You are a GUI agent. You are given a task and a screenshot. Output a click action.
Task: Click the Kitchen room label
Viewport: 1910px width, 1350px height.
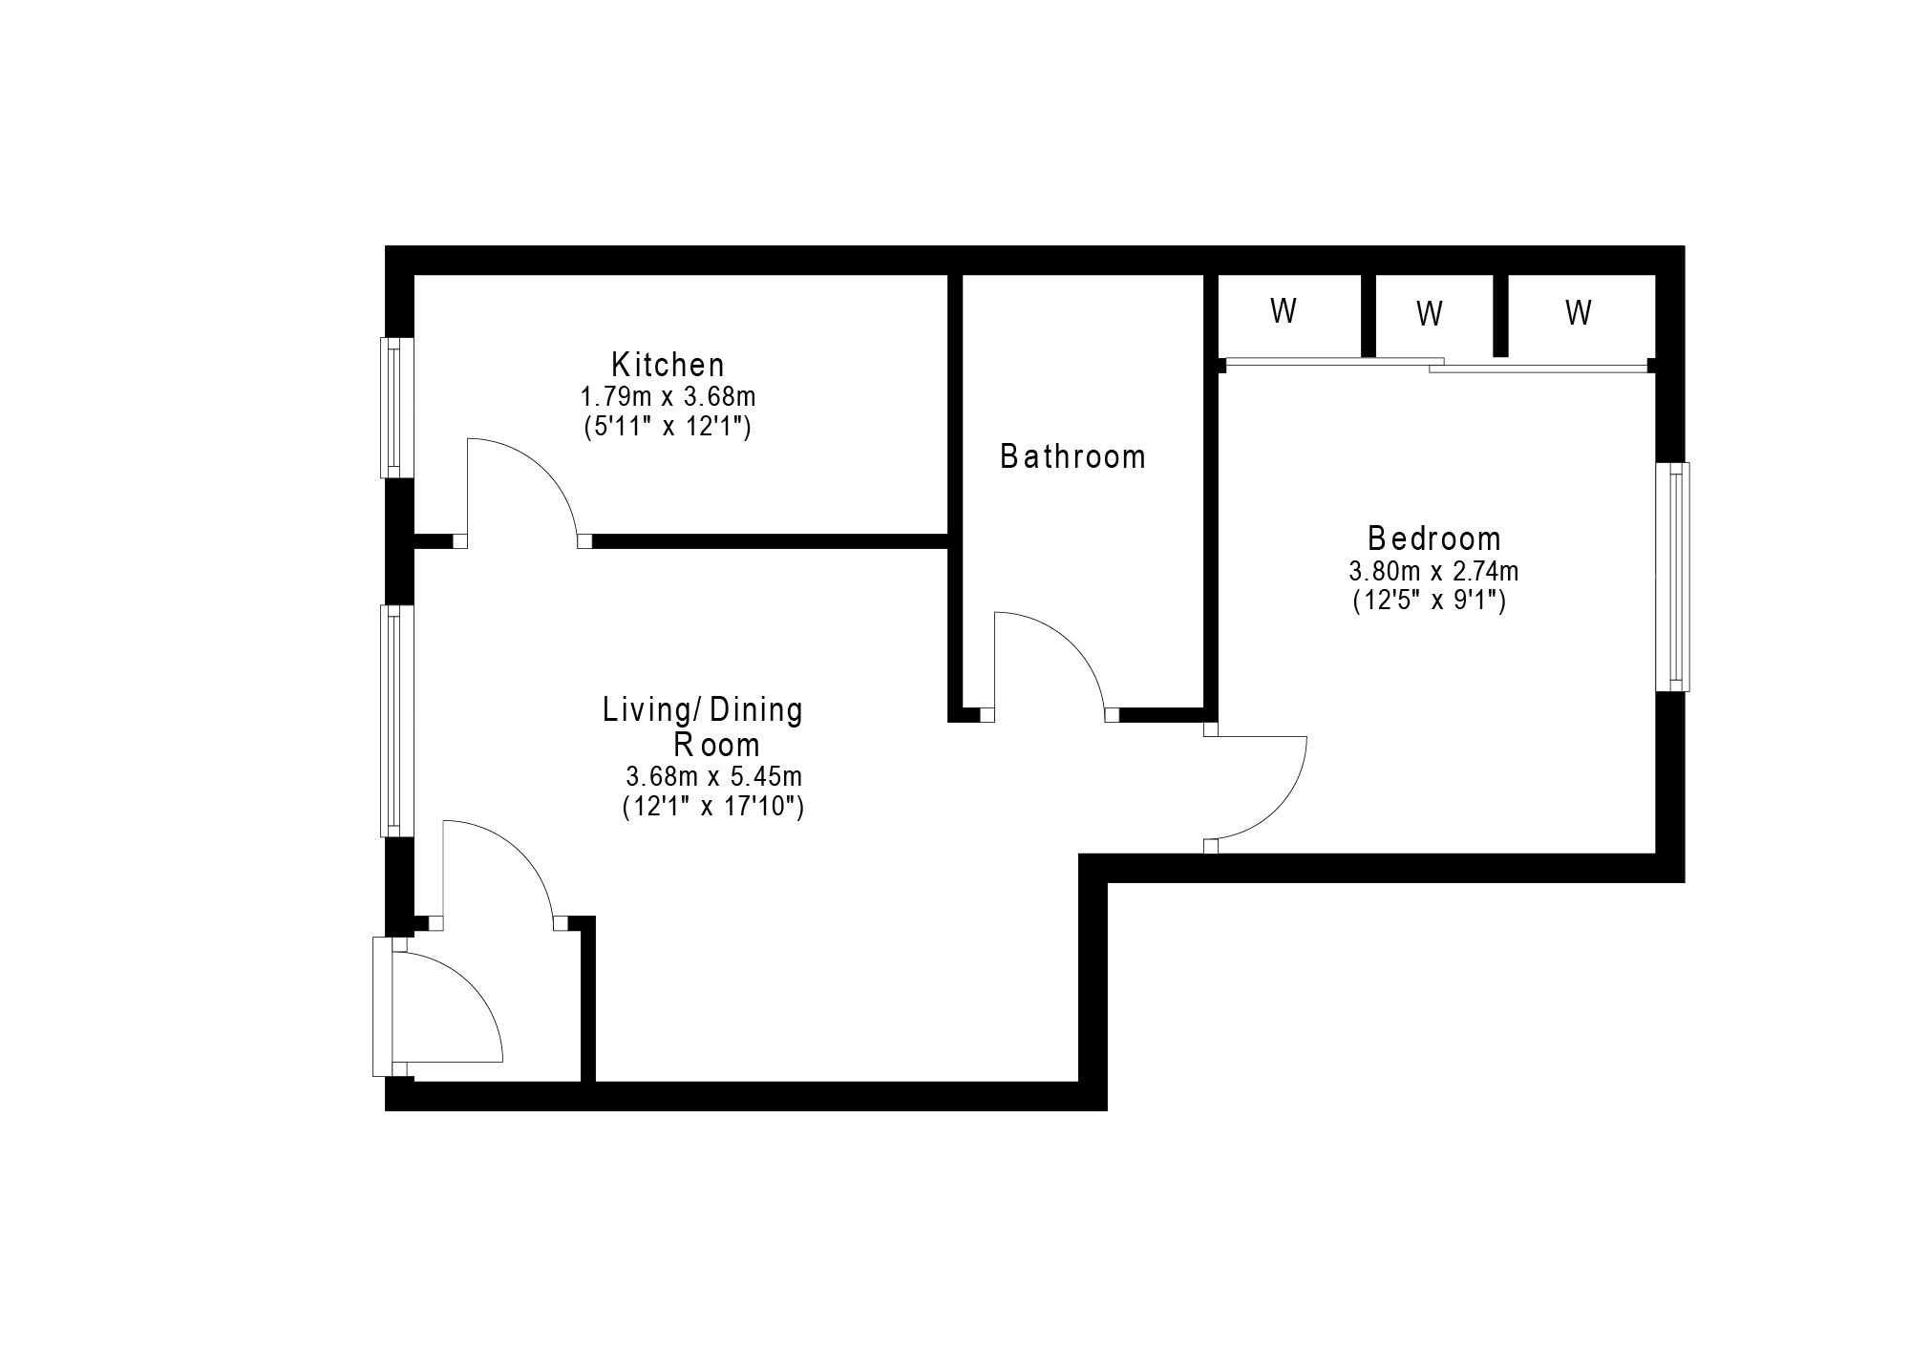coord(668,365)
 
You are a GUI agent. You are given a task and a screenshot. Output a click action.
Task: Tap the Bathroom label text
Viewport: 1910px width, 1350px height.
coord(1072,457)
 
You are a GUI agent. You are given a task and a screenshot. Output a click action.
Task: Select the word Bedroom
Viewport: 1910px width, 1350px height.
coord(1434,539)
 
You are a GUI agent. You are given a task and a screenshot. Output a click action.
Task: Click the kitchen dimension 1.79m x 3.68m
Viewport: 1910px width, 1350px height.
coord(668,396)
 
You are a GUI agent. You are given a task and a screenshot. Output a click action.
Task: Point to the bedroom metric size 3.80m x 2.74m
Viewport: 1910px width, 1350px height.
coord(1433,572)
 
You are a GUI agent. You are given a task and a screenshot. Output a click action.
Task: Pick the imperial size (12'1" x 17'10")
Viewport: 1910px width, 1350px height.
coord(713,808)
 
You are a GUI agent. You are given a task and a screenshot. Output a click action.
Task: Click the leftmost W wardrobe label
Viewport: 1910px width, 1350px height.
coord(1284,311)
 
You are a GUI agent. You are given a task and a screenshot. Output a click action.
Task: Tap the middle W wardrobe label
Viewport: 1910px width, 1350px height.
coord(1429,314)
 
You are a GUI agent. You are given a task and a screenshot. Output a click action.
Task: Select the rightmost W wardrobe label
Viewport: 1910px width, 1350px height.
coord(1579,312)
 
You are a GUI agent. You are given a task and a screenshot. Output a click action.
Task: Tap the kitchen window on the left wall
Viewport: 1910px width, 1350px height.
coord(396,407)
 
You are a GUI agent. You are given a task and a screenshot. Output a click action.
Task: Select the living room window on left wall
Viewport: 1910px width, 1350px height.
coord(396,721)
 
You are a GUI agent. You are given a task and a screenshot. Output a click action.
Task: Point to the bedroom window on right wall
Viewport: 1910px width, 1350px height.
coord(1672,577)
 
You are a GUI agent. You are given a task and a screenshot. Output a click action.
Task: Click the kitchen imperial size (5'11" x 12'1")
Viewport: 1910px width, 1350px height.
coord(668,427)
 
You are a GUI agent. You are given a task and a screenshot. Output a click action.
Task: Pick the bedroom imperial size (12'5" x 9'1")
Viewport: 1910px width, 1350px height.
coord(1430,601)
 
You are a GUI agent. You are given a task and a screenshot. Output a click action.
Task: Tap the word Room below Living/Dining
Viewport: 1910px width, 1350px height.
coord(716,745)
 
